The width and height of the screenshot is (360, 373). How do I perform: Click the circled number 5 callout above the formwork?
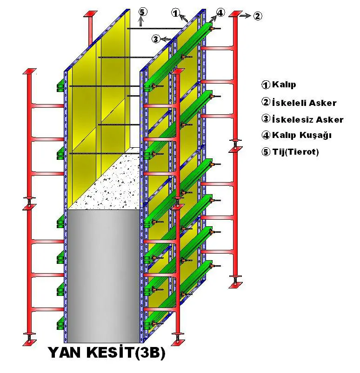tap(142, 12)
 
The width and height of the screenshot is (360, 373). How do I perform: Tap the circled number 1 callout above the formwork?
tap(176, 13)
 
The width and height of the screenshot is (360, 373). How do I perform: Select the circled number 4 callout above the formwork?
tap(220, 13)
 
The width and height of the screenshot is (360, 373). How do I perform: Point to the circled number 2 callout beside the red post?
tap(258, 16)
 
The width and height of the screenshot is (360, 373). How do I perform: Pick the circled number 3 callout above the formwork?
tap(156, 39)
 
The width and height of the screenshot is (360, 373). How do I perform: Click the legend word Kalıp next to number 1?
tap(284, 85)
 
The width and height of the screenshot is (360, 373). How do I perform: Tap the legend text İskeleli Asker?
tap(304, 103)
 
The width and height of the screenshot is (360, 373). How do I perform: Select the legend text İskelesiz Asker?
tap(307, 119)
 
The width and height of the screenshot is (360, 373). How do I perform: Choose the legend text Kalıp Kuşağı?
tap(302, 135)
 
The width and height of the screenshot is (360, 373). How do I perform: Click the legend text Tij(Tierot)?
tap(295, 152)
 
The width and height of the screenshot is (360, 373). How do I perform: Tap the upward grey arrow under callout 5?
tap(141, 22)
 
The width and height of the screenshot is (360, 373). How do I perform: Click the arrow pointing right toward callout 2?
tap(246, 16)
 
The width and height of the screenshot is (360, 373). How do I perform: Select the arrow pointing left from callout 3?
tap(166, 39)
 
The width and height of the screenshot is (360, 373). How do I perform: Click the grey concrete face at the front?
tap(104, 276)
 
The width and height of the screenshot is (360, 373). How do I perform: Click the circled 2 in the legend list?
tap(266, 102)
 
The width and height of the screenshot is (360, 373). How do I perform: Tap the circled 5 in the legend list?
tap(266, 151)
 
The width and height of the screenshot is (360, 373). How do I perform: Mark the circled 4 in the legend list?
tap(266, 135)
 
